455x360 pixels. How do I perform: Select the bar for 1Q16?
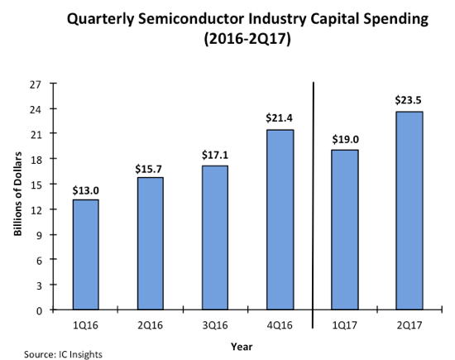click(85, 255)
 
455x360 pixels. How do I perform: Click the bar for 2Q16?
click(150, 243)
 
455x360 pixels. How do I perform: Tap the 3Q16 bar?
click(214, 238)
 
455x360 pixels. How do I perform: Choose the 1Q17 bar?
click(345, 229)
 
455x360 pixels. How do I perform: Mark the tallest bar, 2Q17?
click(409, 210)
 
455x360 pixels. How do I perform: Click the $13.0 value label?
click(85, 190)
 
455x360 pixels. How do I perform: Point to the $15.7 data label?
click(150, 168)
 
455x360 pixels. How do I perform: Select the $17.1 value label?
click(214, 156)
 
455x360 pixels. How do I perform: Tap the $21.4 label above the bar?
click(280, 119)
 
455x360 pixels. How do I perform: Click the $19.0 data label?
click(345, 140)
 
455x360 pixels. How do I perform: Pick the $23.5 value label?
click(409, 102)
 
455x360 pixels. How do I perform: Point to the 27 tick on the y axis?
click(36, 84)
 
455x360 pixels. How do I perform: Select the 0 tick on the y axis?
click(39, 310)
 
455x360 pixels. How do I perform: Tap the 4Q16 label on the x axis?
click(280, 324)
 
